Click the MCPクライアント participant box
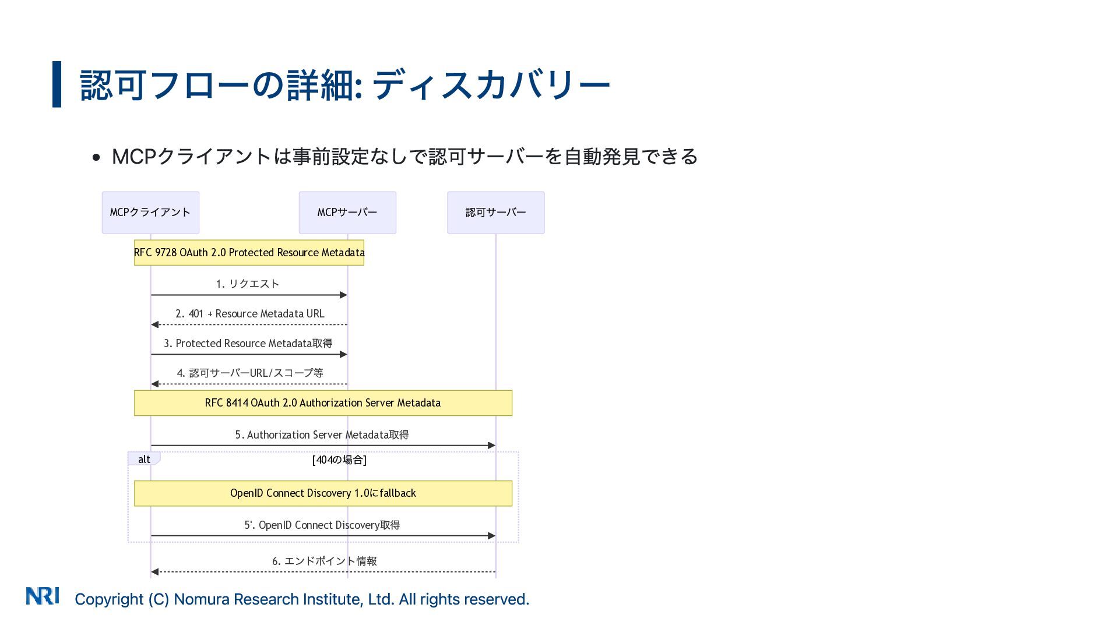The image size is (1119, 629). click(150, 213)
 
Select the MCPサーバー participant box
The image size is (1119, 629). click(347, 213)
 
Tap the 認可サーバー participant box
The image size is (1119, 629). click(495, 213)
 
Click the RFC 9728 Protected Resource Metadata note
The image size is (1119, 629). click(249, 253)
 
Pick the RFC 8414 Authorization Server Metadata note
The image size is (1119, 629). click(323, 403)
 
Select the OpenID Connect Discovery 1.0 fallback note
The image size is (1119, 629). click(323, 493)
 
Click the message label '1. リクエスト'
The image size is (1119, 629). click(248, 284)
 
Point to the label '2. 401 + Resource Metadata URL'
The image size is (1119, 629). click(249, 314)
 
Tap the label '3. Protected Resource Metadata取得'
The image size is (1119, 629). click(248, 344)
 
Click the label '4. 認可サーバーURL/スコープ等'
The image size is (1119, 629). click(249, 373)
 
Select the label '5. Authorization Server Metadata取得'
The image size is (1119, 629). click(322, 435)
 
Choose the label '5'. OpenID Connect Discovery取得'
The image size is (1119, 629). click(322, 525)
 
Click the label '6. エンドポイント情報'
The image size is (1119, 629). click(324, 561)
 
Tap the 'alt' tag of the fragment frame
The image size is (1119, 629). click(144, 460)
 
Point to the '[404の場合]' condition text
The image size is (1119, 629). click(339, 460)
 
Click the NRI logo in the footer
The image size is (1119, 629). click(43, 596)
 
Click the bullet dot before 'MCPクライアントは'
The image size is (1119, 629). click(97, 157)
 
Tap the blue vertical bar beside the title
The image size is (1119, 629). click(57, 84)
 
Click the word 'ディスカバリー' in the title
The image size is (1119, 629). click(491, 85)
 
